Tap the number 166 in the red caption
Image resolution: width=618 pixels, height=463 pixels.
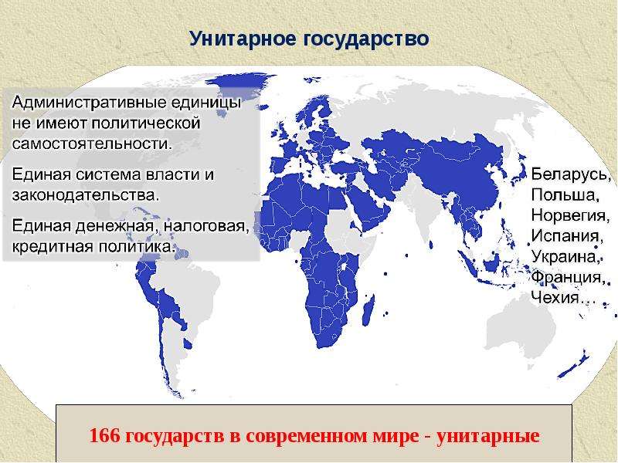tap(104, 436)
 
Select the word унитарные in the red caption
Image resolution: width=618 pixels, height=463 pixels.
tap(487, 436)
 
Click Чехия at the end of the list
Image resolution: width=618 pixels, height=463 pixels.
tap(555, 297)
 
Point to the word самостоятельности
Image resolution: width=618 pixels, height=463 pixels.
tap(92, 144)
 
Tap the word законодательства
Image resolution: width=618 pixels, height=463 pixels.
tap(86, 195)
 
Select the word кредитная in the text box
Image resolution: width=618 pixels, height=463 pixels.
tap(53, 247)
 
